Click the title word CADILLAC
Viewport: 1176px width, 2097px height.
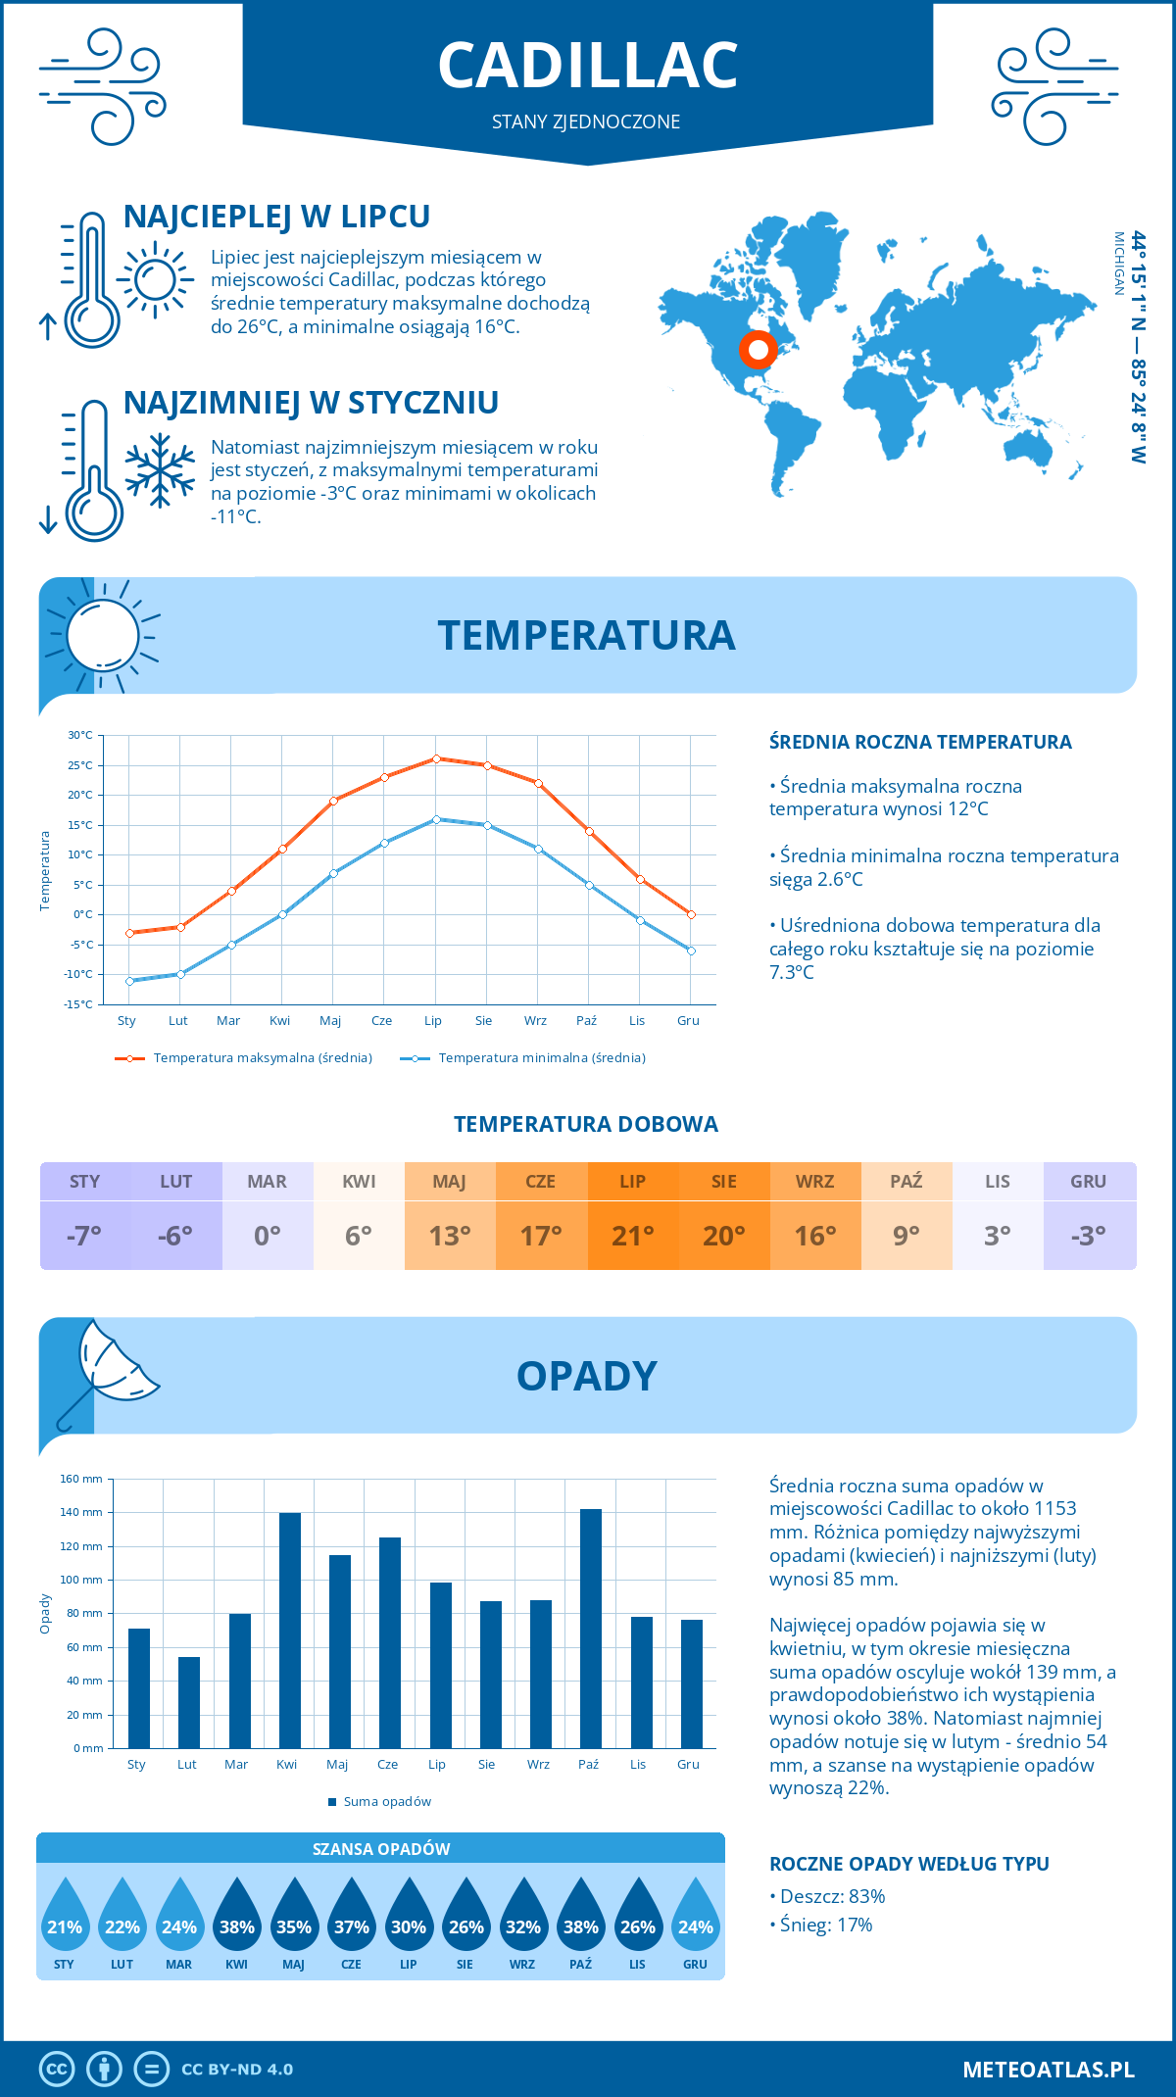(587, 66)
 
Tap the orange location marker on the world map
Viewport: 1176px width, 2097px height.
(758, 349)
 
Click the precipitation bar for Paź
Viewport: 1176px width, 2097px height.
(590, 1628)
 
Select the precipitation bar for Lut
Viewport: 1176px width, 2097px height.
(188, 1702)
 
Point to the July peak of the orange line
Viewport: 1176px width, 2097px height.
(436, 758)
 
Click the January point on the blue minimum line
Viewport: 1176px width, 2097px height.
(129, 981)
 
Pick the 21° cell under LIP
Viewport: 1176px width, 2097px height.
(632, 1235)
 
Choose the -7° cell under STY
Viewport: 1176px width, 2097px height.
(84, 1235)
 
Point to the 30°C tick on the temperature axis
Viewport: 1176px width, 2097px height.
(80, 735)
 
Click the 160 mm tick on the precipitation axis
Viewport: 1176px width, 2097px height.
(82, 1479)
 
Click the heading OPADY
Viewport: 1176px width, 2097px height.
(586, 1376)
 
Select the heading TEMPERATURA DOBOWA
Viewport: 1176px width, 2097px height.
(586, 1124)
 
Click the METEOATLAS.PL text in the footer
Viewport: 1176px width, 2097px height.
(1048, 2070)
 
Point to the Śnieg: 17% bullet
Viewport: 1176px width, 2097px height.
(825, 1925)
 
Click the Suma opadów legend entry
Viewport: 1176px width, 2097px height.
(386, 1802)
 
